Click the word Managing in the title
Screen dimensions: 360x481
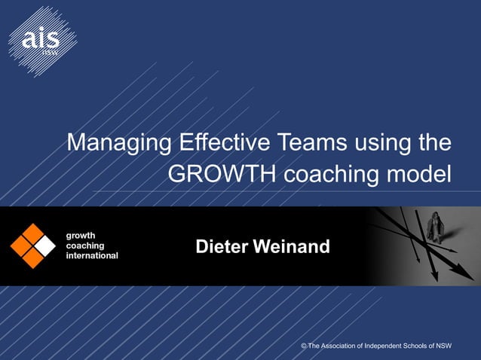coord(112,144)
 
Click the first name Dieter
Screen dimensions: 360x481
coord(222,246)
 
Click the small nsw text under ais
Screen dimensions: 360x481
coord(51,52)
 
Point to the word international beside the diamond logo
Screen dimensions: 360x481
coord(93,256)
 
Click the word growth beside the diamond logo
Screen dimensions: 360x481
coord(81,235)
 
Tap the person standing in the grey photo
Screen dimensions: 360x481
coord(436,228)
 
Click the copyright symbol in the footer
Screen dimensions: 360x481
coord(304,346)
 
